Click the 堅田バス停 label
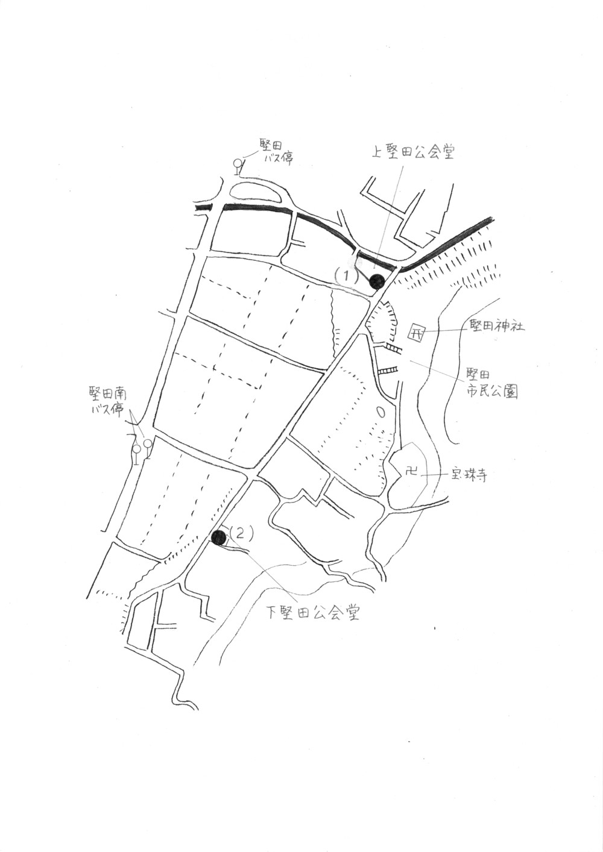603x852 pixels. point(276,152)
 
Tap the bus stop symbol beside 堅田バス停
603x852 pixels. point(238,167)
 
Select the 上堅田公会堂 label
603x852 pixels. point(414,153)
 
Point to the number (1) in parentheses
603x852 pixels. point(346,276)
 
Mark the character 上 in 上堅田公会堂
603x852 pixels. point(378,153)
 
